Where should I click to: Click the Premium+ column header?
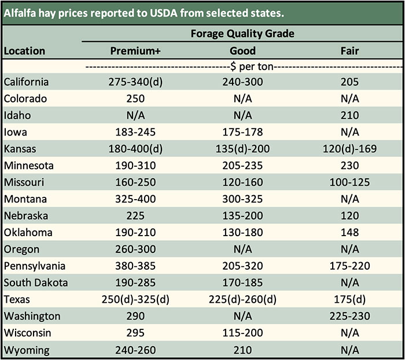tap(135, 50)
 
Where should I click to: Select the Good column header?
tap(242, 50)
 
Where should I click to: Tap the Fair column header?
tap(349, 50)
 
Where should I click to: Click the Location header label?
tap(24, 50)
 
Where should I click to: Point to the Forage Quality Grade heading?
tap(242, 34)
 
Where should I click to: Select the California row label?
tap(26, 82)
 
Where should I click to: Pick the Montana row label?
tap(24, 199)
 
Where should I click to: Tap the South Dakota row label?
tap(36, 283)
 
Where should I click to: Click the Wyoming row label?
tap(26, 350)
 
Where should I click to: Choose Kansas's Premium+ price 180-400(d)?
tap(135, 149)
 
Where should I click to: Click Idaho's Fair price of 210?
tap(349, 115)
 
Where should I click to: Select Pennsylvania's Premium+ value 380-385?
tap(135, 266)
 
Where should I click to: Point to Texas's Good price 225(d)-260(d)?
tap(242, 300)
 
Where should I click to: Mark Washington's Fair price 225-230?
tap(349, 317)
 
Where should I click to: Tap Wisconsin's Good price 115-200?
tap(242, 333)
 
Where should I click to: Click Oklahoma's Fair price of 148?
tap(349, 233)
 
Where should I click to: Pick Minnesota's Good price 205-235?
tap(242, 166)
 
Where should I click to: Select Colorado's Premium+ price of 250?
tap(135, 98)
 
